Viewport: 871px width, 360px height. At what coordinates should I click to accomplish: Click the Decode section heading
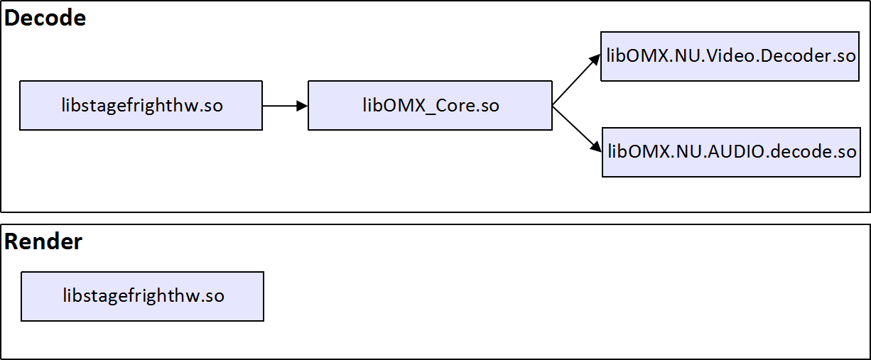click(45, 18)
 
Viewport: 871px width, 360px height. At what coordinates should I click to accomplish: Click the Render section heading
click(43, 242)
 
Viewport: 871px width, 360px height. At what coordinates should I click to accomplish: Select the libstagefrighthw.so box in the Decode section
click(141, 106)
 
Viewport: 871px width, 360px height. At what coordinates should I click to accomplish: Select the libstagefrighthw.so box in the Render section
click(142, 296)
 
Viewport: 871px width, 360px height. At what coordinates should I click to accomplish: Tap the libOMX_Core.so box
click(430, 106)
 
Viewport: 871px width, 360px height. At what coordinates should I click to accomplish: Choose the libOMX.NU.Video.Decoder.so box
click(730, 56)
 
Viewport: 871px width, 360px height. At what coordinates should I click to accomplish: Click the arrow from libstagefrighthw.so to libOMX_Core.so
click(284, 106)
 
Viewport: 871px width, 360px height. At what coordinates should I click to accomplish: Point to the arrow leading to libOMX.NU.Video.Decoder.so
click(576, 81)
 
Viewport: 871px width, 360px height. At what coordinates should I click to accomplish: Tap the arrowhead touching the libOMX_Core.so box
click(303, 106)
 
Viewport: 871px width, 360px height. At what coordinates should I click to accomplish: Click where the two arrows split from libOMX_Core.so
click(553, 106)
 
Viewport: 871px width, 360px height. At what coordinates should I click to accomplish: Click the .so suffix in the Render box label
click(211, 296)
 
